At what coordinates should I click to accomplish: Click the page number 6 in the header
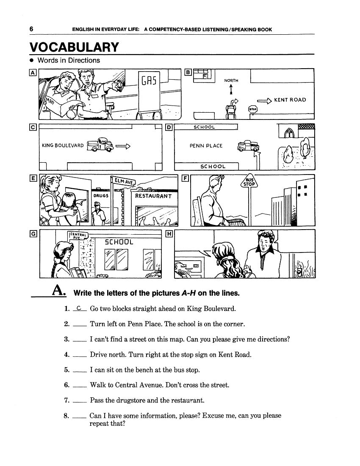31,29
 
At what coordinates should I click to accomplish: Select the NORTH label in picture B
231,80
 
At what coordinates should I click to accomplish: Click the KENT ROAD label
290,100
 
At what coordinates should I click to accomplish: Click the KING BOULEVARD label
63,146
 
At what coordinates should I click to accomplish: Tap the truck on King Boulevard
100,145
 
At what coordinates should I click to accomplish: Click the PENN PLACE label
206,146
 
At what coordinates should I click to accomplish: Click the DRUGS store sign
101,196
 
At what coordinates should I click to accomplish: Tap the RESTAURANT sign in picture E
153,196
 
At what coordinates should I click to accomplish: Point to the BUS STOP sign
249,182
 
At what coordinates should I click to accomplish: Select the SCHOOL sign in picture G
119,242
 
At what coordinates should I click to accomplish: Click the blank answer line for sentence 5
80,371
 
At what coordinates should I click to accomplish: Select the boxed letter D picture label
169,127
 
